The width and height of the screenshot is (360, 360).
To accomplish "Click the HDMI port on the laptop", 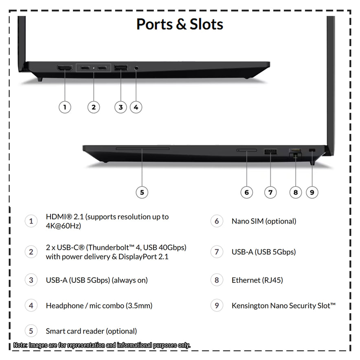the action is tap(65, 68).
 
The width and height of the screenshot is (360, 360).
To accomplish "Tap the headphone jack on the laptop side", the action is tap(136, 68).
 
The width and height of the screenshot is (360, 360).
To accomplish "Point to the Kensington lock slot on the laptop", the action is tap(312, 150).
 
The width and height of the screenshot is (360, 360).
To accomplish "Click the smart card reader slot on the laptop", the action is tap(143, 149).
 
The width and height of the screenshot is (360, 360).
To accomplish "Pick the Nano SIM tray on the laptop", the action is tap(246, 150).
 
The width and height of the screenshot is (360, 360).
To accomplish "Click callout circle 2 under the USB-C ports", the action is tap(94, 107).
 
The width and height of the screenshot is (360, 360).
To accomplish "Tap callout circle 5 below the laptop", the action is tap(142, 192).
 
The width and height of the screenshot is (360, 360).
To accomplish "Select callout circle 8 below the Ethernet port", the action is tap(296, 192).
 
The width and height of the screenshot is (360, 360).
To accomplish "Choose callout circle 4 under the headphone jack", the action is tap(136, 107).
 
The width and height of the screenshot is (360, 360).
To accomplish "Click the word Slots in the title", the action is tap(206, 24).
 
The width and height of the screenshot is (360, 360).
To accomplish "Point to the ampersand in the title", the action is tap(181, 24).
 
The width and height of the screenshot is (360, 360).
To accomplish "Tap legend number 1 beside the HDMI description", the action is tap(31, 221).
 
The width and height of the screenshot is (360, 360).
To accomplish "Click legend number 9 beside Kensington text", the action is tap(217, 305).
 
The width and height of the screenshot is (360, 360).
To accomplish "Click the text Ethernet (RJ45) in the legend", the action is tap(257, 280).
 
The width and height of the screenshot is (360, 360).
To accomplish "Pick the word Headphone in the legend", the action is tap(65, 306).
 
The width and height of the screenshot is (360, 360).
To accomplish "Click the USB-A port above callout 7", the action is tap(271, 151).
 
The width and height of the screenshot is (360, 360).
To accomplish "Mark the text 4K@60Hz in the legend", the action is tap(64, 226).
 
